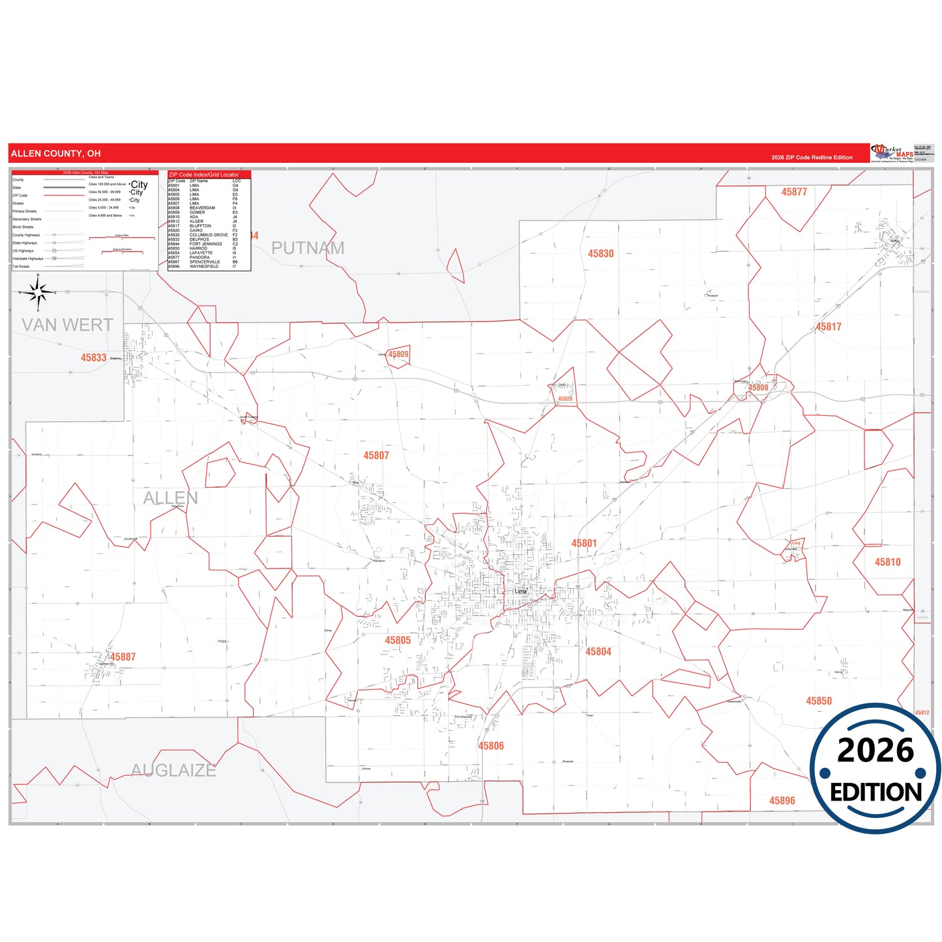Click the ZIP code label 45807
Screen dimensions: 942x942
click(x=376, y=456)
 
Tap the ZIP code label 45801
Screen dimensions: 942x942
click(x=584, y=544)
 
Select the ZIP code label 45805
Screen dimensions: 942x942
click(x=398, y=641)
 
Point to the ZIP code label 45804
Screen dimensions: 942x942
click(x=598, y=652)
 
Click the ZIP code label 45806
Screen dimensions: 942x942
click(x=491, y=746)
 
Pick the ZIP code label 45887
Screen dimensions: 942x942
click(x=123, y=657)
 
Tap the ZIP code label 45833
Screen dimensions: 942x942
click(x=93, y=358)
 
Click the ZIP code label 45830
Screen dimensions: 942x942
click(x=600, y=254)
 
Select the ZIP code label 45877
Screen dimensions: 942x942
click(x=794, y=192)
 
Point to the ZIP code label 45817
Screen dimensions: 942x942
click(x=829, y=327)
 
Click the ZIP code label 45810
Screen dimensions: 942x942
click(x=887, y=562)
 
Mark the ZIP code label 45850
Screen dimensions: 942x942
click(x=819, y=701)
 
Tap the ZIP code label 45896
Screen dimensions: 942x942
click(x=782, y=801)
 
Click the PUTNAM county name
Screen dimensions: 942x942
click(x=308, y=248)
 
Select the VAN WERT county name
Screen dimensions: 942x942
click(x=67, y=325)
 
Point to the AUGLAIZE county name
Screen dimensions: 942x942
click(x=173, y=771)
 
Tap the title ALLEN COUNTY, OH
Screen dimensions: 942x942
click(x=56, y=154)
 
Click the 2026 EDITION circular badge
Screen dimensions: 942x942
click(x=875, y=769)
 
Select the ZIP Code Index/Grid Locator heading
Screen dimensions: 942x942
click(x=203, y=175)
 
